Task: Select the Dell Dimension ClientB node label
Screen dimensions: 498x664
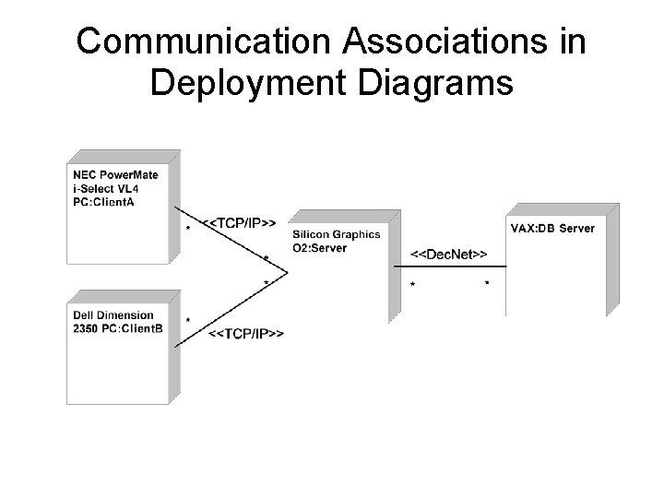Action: pos(113,321)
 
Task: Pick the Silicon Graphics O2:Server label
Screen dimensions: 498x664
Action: pos(336,241)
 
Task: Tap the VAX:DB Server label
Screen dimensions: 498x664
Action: pos(551,228)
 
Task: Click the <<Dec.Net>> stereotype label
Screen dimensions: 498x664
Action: pos(448,254)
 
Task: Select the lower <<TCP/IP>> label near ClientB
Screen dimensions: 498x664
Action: pos(246,333)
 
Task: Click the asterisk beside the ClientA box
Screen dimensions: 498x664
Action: pos(187,227)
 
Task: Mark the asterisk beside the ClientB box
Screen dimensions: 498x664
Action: pos(188,320)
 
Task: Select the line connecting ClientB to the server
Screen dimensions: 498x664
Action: pos(231,310)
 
